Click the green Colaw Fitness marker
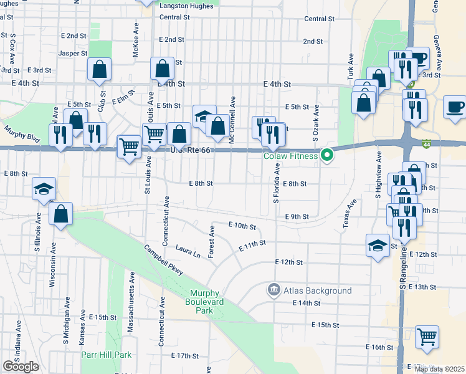coord(326,155)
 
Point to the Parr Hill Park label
coord(106,355)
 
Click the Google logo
coord(21,367)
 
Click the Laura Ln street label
coord(188,251)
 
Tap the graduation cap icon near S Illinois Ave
coord(44,188)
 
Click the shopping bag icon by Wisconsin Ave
coord(60,214)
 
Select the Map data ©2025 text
coord(439,369)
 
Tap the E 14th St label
coord(306,303)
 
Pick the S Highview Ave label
coord(378,175)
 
